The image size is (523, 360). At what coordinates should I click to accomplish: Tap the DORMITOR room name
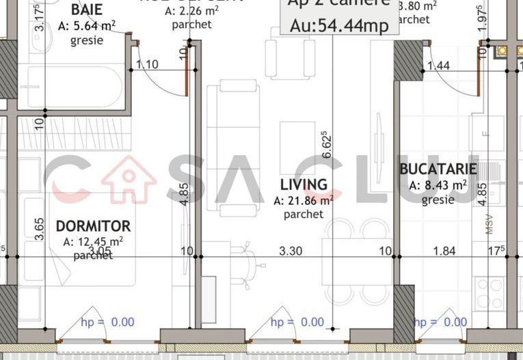click(x=93, y=226)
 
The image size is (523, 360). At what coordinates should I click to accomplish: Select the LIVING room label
click(x=304, y=185)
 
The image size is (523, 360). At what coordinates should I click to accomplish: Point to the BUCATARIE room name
click(x=438, y=169)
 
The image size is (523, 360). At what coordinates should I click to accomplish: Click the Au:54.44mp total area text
click(x=339, y=26)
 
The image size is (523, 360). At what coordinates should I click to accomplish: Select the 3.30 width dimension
click(x=291, y=251)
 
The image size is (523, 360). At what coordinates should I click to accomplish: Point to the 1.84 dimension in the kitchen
click(x=444, y=251)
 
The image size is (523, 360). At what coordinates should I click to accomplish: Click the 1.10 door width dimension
click(x=147, y=64)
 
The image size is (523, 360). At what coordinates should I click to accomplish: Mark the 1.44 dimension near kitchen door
click(x=438, y=66)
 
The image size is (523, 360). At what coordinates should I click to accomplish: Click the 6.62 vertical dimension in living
click(x=327, y=145)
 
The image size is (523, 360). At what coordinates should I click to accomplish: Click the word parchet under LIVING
click(x=304, y=214)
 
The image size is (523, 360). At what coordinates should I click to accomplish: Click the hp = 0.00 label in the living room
click(x=297, y=322)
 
